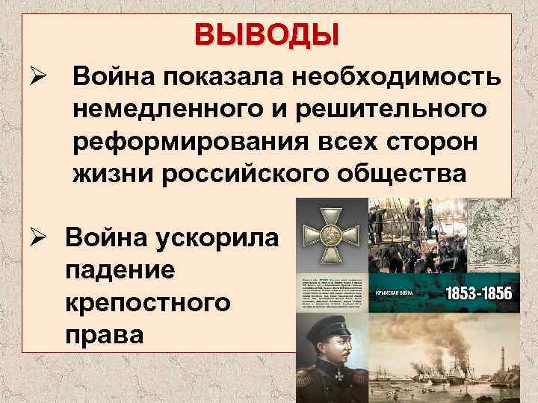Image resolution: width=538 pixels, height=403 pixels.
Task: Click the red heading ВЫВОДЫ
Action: (x=267, y=34)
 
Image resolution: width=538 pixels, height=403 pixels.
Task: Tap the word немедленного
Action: (x=168, y=108)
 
